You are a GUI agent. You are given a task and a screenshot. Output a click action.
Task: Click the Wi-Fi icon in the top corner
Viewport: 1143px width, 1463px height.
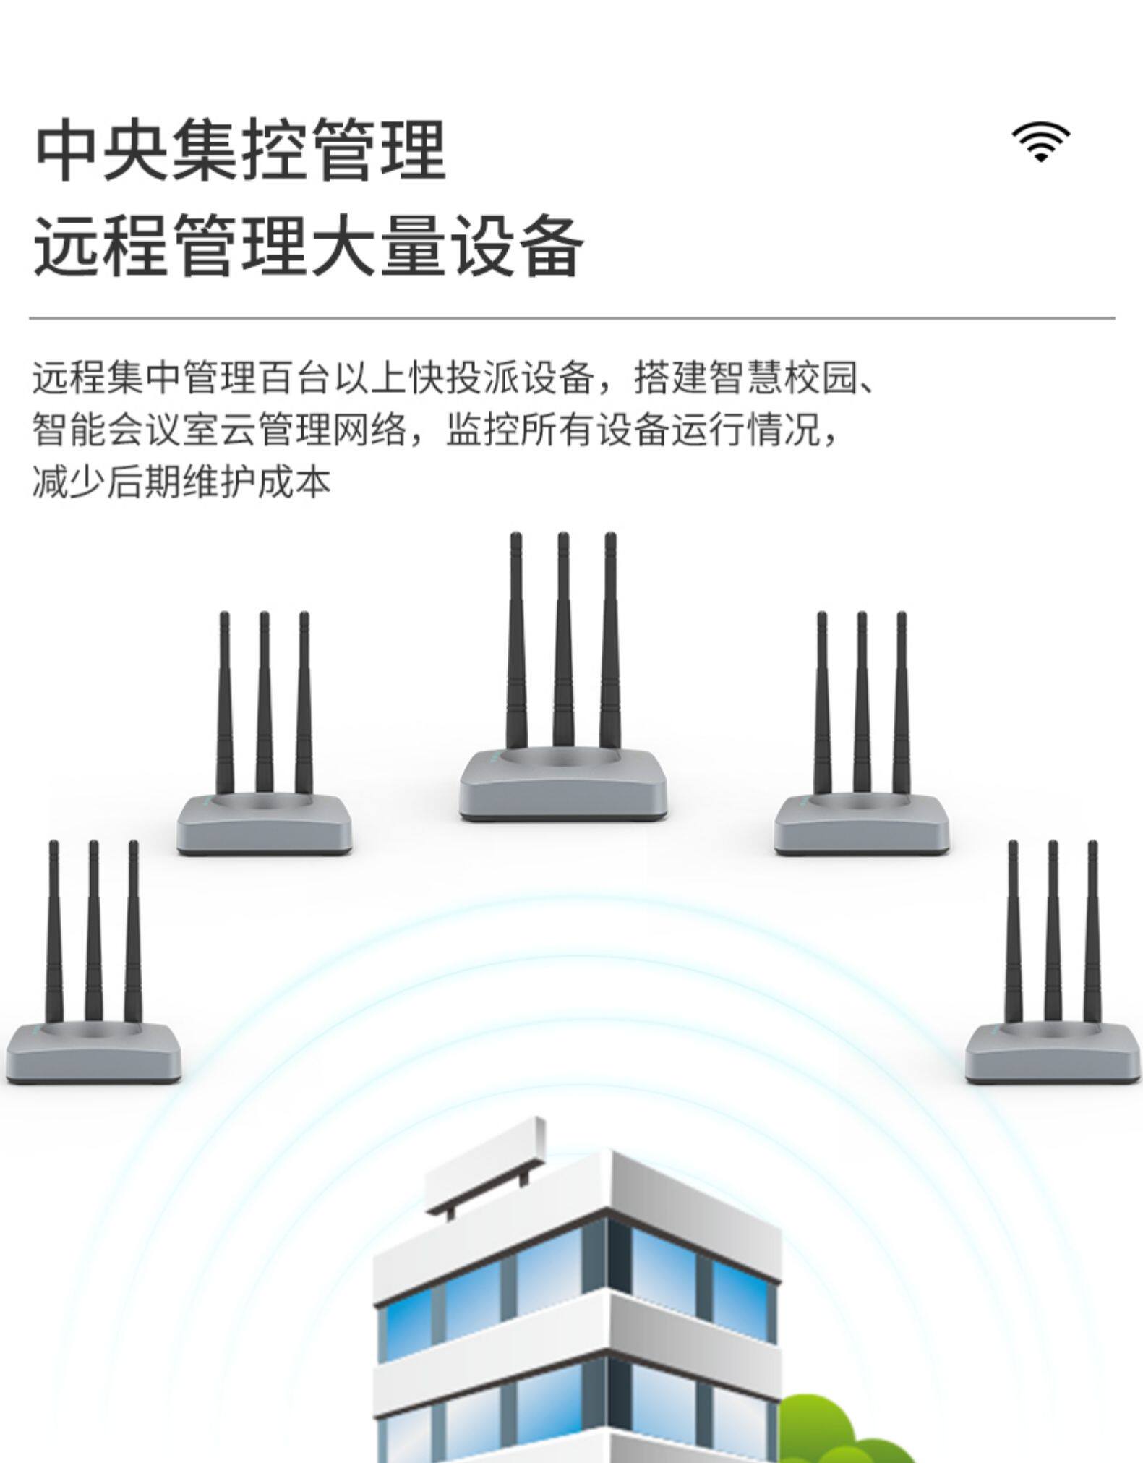(x=1040, y=142)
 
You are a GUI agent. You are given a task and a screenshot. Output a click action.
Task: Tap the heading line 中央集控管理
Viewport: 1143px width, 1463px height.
(x=240, y=151)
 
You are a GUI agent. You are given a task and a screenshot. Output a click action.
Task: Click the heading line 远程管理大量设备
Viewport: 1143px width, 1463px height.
(x=309, y=247)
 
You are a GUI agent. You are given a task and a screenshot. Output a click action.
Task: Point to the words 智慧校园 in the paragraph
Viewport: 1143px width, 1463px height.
(x=784, y=378)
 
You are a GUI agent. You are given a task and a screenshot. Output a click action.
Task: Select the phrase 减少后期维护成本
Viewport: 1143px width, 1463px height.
(x=181, y=482)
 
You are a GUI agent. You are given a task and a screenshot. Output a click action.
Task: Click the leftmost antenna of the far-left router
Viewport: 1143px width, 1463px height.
(x=53, y=933)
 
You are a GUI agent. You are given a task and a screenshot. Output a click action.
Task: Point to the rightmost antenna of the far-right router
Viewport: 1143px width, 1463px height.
(x=1092, y=933)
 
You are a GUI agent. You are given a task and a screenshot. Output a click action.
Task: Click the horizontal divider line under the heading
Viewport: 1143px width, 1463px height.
(x=571, y=317)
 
